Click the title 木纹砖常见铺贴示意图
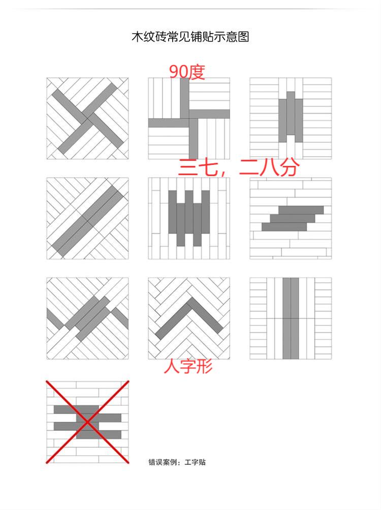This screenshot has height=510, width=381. [x=190, y=37]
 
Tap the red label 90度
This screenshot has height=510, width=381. [x=187, y=72]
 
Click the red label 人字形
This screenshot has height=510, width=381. [x=188, y=366]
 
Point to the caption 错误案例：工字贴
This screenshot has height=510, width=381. [x=177, y=462]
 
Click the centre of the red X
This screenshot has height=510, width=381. [x=87, y=421]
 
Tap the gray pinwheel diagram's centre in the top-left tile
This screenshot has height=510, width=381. [x=87, y=118]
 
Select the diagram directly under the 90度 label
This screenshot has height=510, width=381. [x=189, y=118]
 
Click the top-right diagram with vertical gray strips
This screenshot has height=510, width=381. [x=291, y=118]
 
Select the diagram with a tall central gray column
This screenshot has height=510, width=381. [x=291, y=318]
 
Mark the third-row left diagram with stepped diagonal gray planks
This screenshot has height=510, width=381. [x=87, y=318]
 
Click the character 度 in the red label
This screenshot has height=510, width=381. [x=197, y=72]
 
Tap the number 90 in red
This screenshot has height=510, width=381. [x=178, y=72]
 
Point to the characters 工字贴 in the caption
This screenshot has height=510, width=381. [x=195, y=462]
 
